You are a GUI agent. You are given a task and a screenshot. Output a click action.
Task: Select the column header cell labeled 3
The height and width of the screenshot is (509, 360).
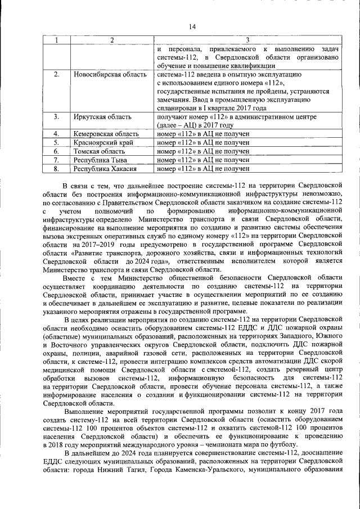pos(247,39)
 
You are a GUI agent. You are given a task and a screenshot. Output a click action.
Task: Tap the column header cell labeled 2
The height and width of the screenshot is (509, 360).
pos(112,39)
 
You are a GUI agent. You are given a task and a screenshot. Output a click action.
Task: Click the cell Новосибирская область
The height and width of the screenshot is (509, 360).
pos(110,74)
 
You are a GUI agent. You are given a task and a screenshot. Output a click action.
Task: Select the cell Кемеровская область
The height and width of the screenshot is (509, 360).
pos(106,134)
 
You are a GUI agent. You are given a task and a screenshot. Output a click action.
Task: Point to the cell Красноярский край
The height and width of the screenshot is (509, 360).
pos(103,142)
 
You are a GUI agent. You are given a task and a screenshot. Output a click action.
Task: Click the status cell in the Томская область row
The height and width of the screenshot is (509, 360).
pos(203,151)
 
